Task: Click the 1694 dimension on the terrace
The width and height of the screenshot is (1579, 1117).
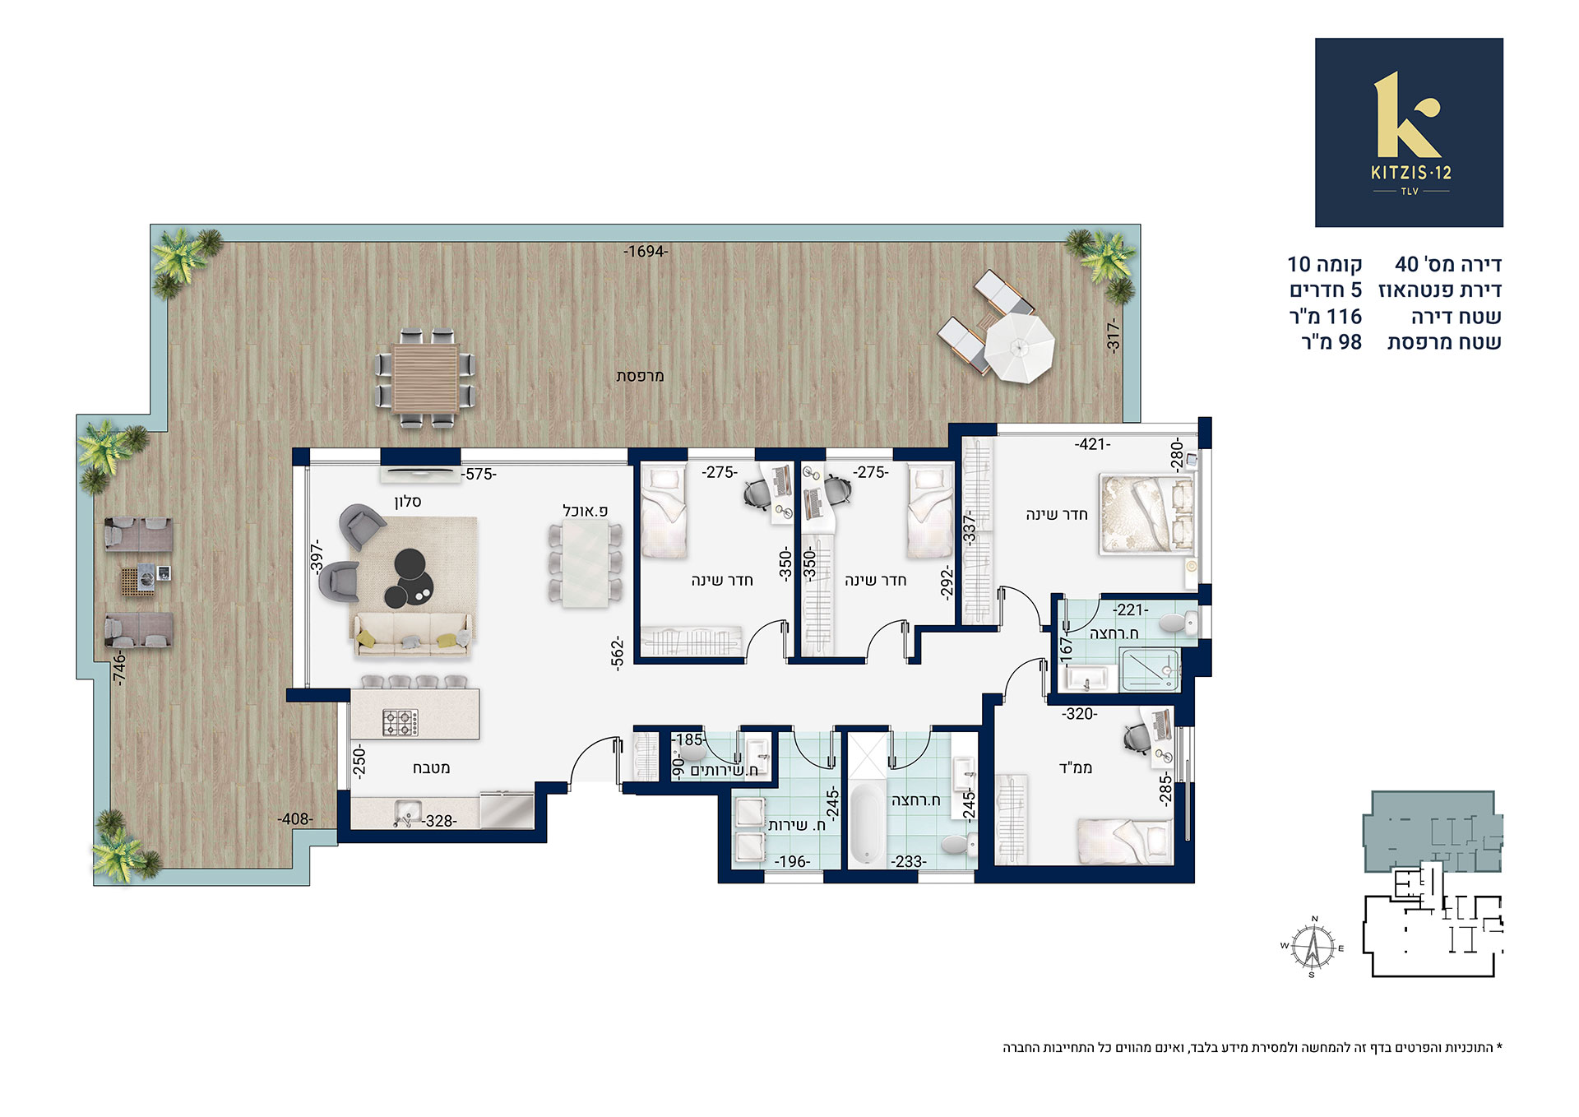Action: (x=646, y=252)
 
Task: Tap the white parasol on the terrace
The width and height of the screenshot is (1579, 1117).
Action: (x=1020, y=349)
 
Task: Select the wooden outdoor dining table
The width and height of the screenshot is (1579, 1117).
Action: (x=425, y=378)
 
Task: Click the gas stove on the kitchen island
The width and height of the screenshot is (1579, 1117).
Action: (x=401, y=722)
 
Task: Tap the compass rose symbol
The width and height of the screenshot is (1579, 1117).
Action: (x=1313, y=947)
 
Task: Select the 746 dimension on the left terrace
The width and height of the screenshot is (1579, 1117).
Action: (x=121, y=668)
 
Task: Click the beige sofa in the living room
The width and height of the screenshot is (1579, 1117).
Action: (x=413, y=635)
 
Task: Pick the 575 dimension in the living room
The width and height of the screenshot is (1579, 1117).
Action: (x=479, y=475)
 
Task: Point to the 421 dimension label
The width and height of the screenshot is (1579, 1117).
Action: (x=1092, y=445)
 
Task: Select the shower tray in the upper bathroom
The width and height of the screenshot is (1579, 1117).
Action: (x=1149, y=670)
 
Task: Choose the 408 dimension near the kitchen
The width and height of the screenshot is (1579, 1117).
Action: (x=295, y=819)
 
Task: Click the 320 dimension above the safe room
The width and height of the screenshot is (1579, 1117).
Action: (x=1079, y=714)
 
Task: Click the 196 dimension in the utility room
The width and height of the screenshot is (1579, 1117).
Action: (x=793, y=862)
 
